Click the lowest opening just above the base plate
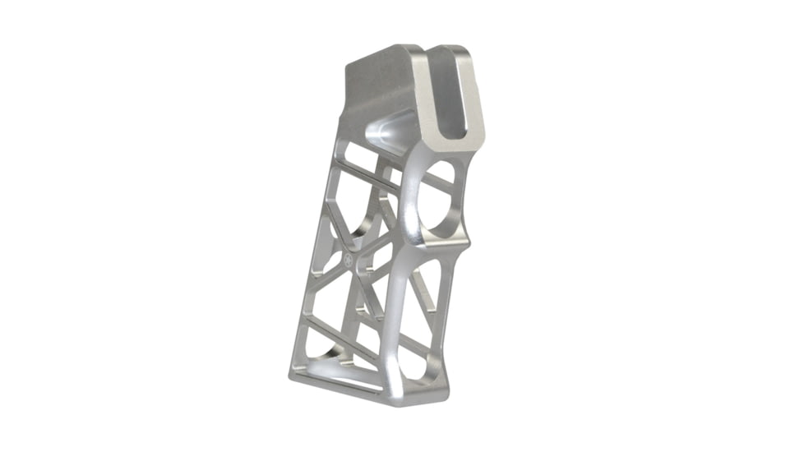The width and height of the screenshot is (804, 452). pos(345,362)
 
